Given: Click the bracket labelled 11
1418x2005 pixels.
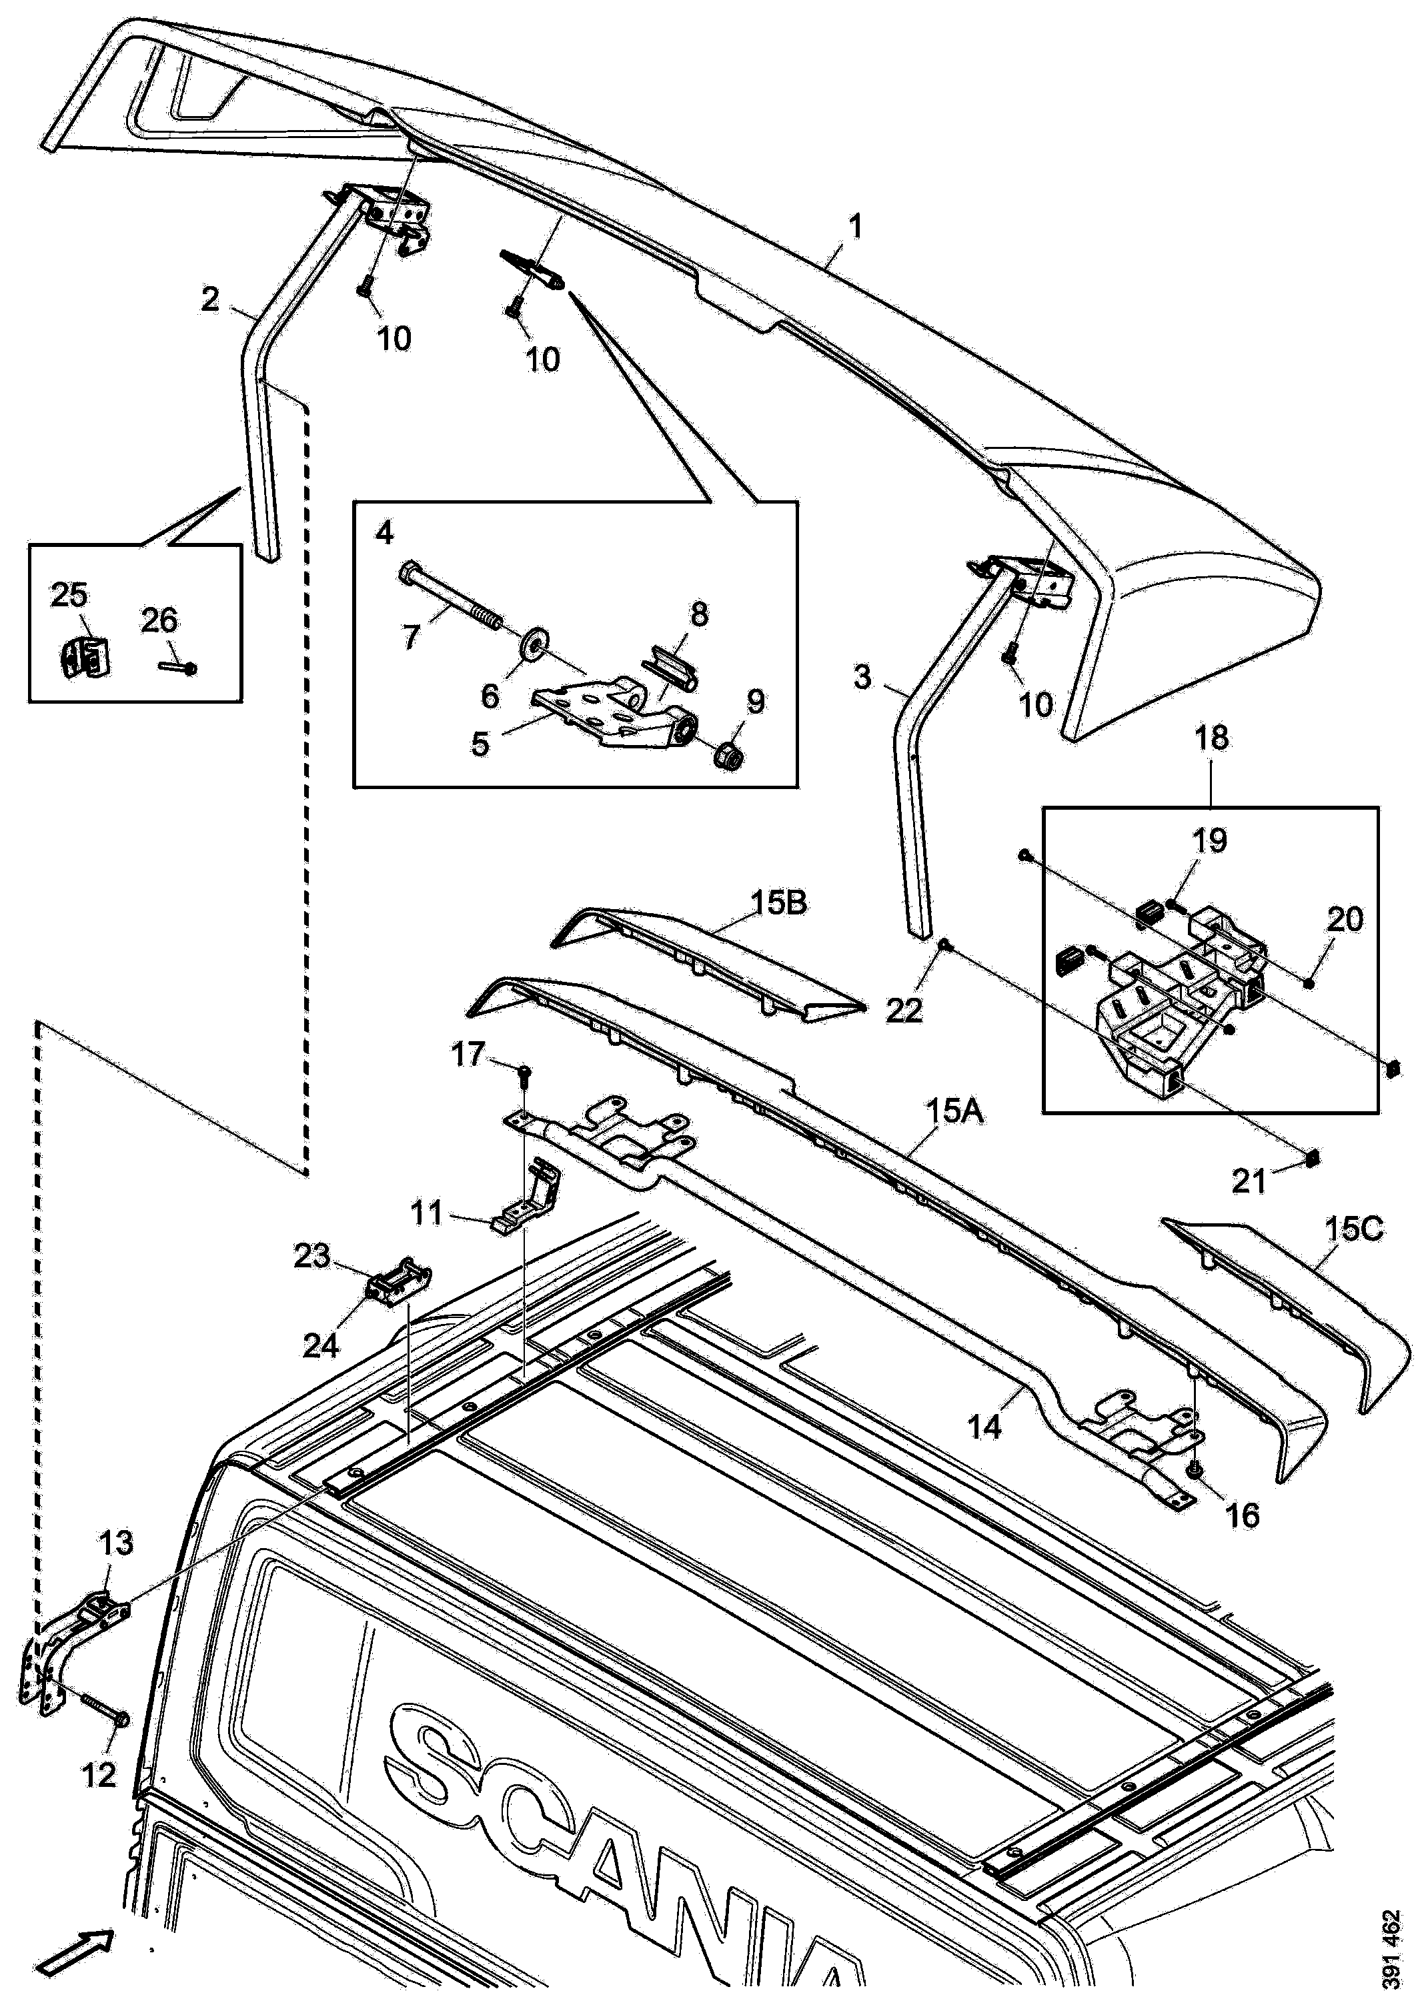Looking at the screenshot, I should [529, 1197].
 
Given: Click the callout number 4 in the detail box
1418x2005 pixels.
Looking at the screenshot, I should [385, 532].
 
